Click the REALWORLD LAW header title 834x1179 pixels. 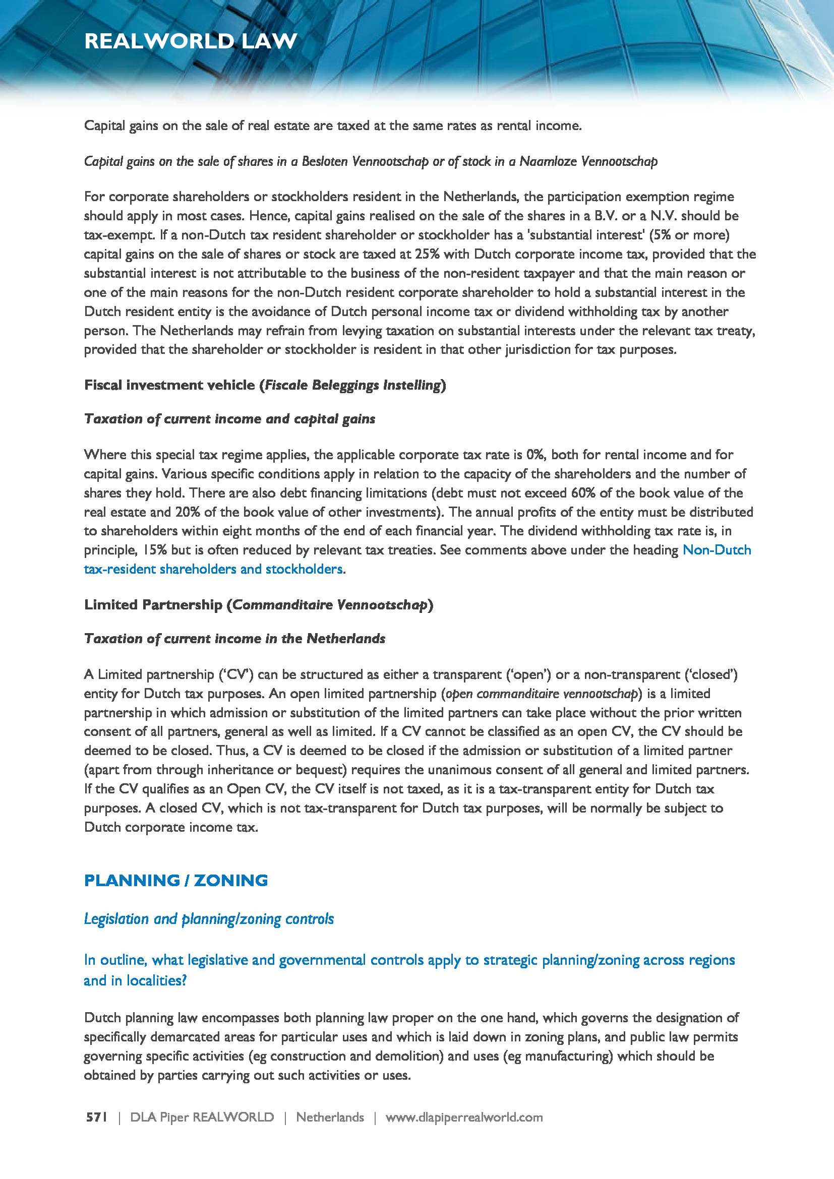(x=191, y=41)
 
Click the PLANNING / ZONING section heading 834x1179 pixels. (x=175, y=880)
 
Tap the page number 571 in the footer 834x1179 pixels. (x=96, y=1117)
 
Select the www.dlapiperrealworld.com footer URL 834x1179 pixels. (x=464, y=1117)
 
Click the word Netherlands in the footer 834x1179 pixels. (x=330, y=1117)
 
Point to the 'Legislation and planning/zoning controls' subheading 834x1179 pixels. (x=209, y=919)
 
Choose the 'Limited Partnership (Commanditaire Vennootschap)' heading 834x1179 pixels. (x=258, y=604)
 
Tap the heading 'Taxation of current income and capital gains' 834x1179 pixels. (x=229, y=418)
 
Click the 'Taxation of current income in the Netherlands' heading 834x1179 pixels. (x=234, y=638)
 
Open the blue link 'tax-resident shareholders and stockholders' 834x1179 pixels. (x=213, y=569)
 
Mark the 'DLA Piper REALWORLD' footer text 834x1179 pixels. (x=202, y=1117)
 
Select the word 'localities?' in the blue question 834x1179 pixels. (x=157, y=980)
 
